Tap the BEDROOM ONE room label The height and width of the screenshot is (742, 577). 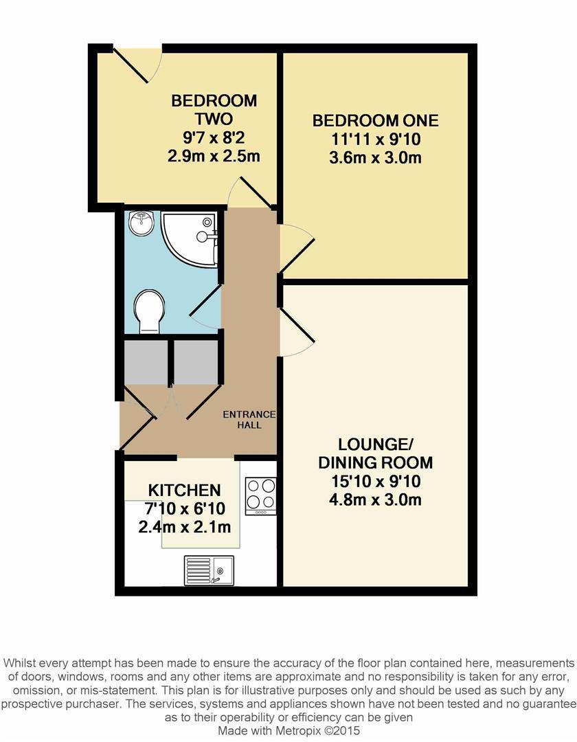(x=375, y=121)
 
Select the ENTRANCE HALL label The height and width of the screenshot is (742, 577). (x=249, y=419)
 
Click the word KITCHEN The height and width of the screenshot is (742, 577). (x=185, y=491)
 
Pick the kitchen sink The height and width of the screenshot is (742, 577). (x=209, y=570)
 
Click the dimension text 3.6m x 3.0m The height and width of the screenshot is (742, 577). (x=375, y=158)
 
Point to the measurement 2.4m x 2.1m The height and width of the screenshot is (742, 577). (x=185, y=528)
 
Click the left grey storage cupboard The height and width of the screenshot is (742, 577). (x=146, y=361)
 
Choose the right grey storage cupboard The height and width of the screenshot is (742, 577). (x=196, y=361)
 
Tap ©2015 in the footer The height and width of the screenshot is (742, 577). (x=343, y=731)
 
